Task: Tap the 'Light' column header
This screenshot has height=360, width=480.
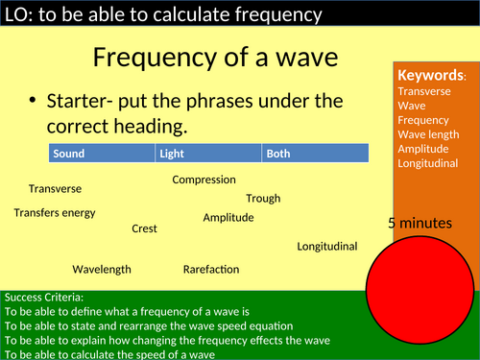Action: (173, 154)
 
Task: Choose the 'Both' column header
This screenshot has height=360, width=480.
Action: (279, 154)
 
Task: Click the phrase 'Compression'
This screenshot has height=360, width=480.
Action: (204, 180)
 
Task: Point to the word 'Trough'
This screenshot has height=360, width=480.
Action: (263, 199)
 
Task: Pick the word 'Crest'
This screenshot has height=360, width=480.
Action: (144, 228)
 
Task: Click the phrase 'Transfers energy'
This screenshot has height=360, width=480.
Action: (55, 212)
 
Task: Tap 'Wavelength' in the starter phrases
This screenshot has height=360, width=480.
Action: (102, 270)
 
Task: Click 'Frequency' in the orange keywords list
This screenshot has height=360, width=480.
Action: (423, 120)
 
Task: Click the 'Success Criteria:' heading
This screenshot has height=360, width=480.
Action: (43, 298)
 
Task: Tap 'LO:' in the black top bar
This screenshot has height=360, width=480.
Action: (18, 14)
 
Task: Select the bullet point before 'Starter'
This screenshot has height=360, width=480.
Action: (34, 102)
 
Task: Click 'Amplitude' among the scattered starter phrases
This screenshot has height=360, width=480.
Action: (228, 218)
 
